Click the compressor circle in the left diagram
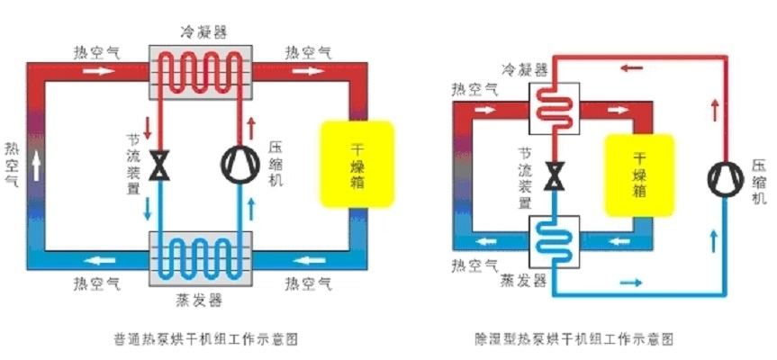click(239, 165)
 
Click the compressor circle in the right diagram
click(726, 179)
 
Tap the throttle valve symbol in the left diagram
click(159, 165)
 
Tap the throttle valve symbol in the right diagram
click(554, 175)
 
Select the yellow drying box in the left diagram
click(357, 164)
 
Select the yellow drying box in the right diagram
click(639, 175)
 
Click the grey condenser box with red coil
click(201, 72)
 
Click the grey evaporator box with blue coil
click(201, 258)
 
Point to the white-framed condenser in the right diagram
click(554, 108)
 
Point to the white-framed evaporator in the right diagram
click(554, 241)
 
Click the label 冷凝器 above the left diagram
click(203, 32)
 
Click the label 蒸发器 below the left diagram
click(199, 300)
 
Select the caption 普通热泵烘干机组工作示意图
click(205, 339)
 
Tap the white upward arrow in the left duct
click(36, 166)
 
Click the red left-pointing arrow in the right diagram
click(631, 67)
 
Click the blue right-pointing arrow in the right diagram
click(631, 283)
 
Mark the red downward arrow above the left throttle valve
click(147, 128)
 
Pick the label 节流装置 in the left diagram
click(133, 165)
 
